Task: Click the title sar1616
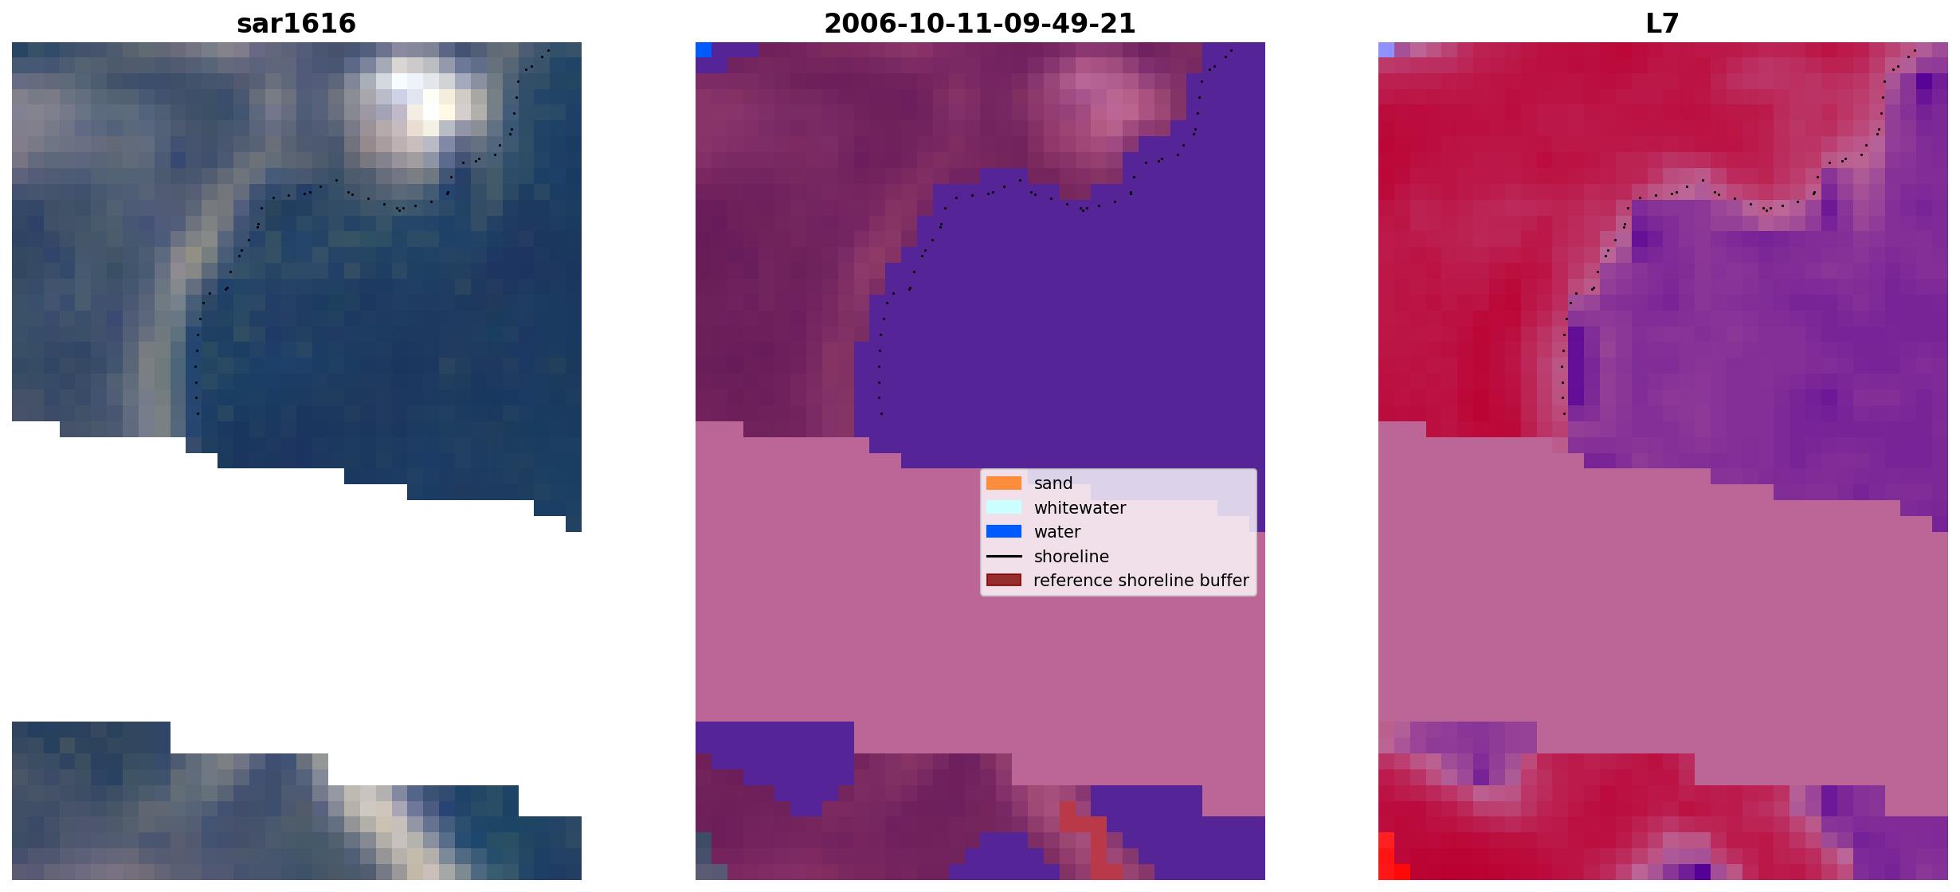tap(296, 23)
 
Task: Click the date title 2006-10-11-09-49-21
tap(980, 23)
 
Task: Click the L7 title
tap(1663, 23)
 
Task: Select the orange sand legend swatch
tap(1004, 483)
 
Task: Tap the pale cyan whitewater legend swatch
tap(1004, 507)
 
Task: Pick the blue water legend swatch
tap(1004, 531)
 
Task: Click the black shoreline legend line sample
tap(1004, 556)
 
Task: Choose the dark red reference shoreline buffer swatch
tap(1004, 580)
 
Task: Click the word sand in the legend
tap(1053, 483)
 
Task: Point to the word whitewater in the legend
tap(1080, 508)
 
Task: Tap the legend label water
tap(1057, 532)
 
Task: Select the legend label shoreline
tap(1072, 556)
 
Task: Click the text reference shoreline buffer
tap(1141, 581)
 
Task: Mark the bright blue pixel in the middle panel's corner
tap(704, 50)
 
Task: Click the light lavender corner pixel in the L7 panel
tap(1386, 50)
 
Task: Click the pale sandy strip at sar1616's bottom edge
tap(390, 832)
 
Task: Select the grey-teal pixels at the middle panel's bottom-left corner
tap(704, 856)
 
